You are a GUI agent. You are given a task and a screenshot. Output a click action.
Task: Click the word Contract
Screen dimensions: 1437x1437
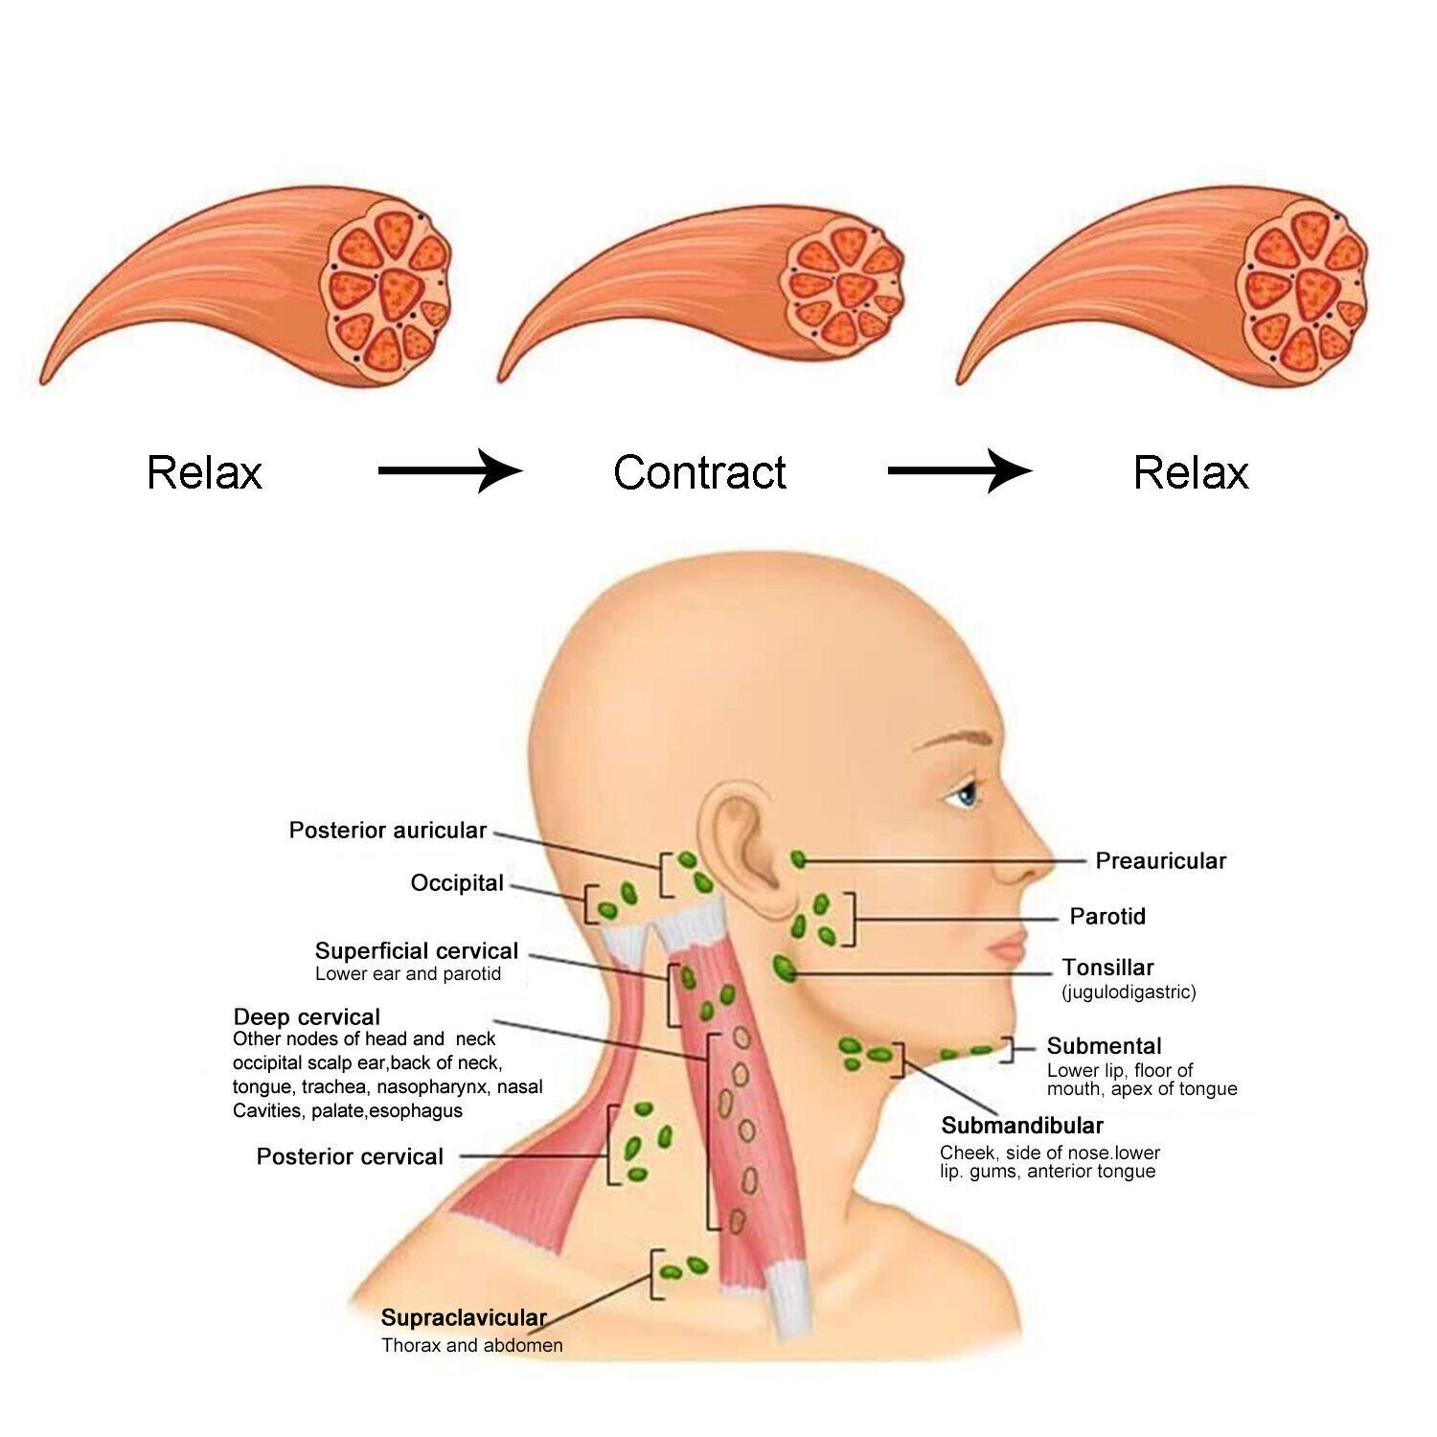click(699, 472)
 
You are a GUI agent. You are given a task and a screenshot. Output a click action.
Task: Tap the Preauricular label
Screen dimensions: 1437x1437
click(1160, 860)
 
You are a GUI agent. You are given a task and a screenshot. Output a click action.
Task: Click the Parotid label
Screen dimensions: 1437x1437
click(1107, 916)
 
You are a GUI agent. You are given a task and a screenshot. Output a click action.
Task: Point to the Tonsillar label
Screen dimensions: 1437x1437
click(1107, 967)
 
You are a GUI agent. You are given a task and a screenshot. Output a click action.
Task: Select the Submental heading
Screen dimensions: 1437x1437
click(1104, 1045)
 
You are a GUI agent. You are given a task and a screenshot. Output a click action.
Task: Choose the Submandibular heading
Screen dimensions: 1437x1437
click(1022, 1125)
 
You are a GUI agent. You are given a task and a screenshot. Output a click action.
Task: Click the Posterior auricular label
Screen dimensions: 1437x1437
click(388, 830)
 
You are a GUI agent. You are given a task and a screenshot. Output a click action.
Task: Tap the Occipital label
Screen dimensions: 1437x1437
click(457, 882)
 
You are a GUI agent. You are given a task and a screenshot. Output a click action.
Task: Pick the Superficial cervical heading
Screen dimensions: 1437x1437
click(416, 950)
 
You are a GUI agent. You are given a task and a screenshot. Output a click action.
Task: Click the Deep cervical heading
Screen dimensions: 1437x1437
click(307, 1016)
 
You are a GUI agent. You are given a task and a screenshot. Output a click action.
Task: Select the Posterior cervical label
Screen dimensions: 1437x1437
click(350, 1156)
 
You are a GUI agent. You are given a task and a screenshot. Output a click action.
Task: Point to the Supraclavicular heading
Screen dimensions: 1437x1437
click(464, 1317)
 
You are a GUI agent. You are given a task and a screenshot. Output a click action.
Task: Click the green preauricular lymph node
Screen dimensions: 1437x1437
click(798, 859)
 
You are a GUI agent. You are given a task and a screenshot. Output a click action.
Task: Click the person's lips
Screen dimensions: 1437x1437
click(1009, 950)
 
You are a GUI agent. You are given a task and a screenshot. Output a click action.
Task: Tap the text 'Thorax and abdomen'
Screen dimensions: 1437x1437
click(471, 1345)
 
